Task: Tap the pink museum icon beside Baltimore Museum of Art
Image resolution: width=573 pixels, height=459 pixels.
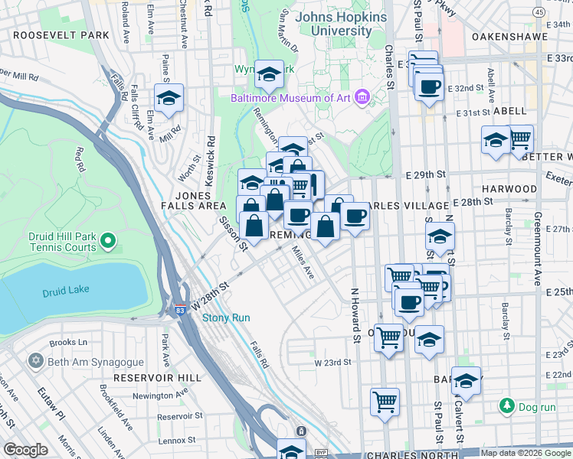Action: (x=362, y=97)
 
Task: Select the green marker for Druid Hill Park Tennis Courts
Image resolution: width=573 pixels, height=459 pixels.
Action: (x=108, y=243)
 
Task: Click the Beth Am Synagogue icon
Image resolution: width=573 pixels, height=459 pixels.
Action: (x=35, y=360)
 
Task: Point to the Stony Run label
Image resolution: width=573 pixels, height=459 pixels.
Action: (x=226, y=317)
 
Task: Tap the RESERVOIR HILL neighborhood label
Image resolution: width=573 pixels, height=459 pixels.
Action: (x=157, y=378)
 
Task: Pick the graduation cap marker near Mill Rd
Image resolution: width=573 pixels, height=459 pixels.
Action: (x=169, y=98)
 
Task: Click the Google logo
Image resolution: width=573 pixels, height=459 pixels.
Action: (x=25, y=450)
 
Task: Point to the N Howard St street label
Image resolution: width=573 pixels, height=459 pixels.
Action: (x=355, y=314)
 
